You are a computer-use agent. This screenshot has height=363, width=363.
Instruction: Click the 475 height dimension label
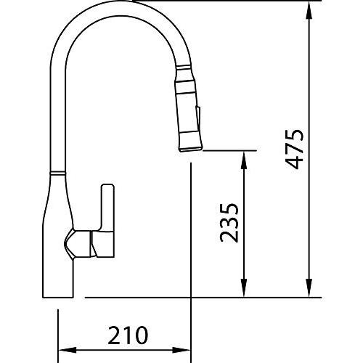pos(295,150)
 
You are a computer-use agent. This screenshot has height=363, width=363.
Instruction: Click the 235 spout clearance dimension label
pos(229,223)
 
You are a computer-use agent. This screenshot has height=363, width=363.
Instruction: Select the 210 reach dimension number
pos(128,335)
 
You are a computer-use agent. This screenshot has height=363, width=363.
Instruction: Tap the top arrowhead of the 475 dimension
pos(309,10)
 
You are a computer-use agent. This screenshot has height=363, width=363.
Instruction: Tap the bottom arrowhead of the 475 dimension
pos(309,288)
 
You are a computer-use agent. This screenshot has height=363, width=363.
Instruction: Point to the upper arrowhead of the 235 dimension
pos(244,160)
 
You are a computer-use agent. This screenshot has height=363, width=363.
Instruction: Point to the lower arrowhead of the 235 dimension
pos(244,288)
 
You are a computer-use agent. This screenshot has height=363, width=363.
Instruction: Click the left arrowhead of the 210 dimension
pos(68,350)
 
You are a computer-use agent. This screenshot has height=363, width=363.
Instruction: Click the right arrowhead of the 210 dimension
pos(181,350)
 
